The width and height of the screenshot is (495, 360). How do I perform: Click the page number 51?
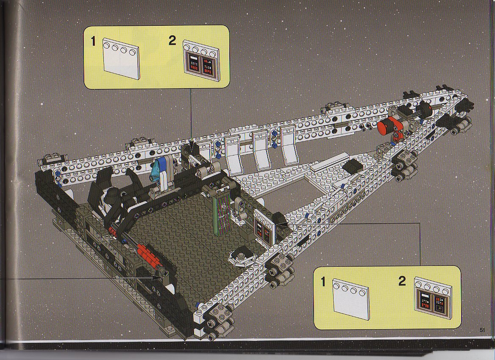pyautogui.click(x=482, y=330)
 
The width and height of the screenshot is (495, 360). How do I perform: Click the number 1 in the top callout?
pyautogui.click(x=93, y=42)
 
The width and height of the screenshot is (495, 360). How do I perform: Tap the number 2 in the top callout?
pyautogui.click(x=172, y=41)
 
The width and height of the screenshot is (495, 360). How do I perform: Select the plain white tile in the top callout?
pyautogui.click(x=121, y=58)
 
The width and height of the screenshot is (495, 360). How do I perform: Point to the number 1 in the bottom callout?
pyautogui.click(x=323, y=282)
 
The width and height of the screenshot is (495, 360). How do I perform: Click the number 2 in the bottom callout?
pyautogui.click(x=402, y=281)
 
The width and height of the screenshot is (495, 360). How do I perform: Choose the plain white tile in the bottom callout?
pyautogui.click(x=351, y=299)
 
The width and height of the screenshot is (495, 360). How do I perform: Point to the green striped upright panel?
pyautogui.click(x=222, y=215)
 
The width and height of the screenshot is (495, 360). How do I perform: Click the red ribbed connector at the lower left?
pyautogui.click(x=150, y=255)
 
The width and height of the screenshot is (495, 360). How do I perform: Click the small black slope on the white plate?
pyautogui.click(x=353, y=166)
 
